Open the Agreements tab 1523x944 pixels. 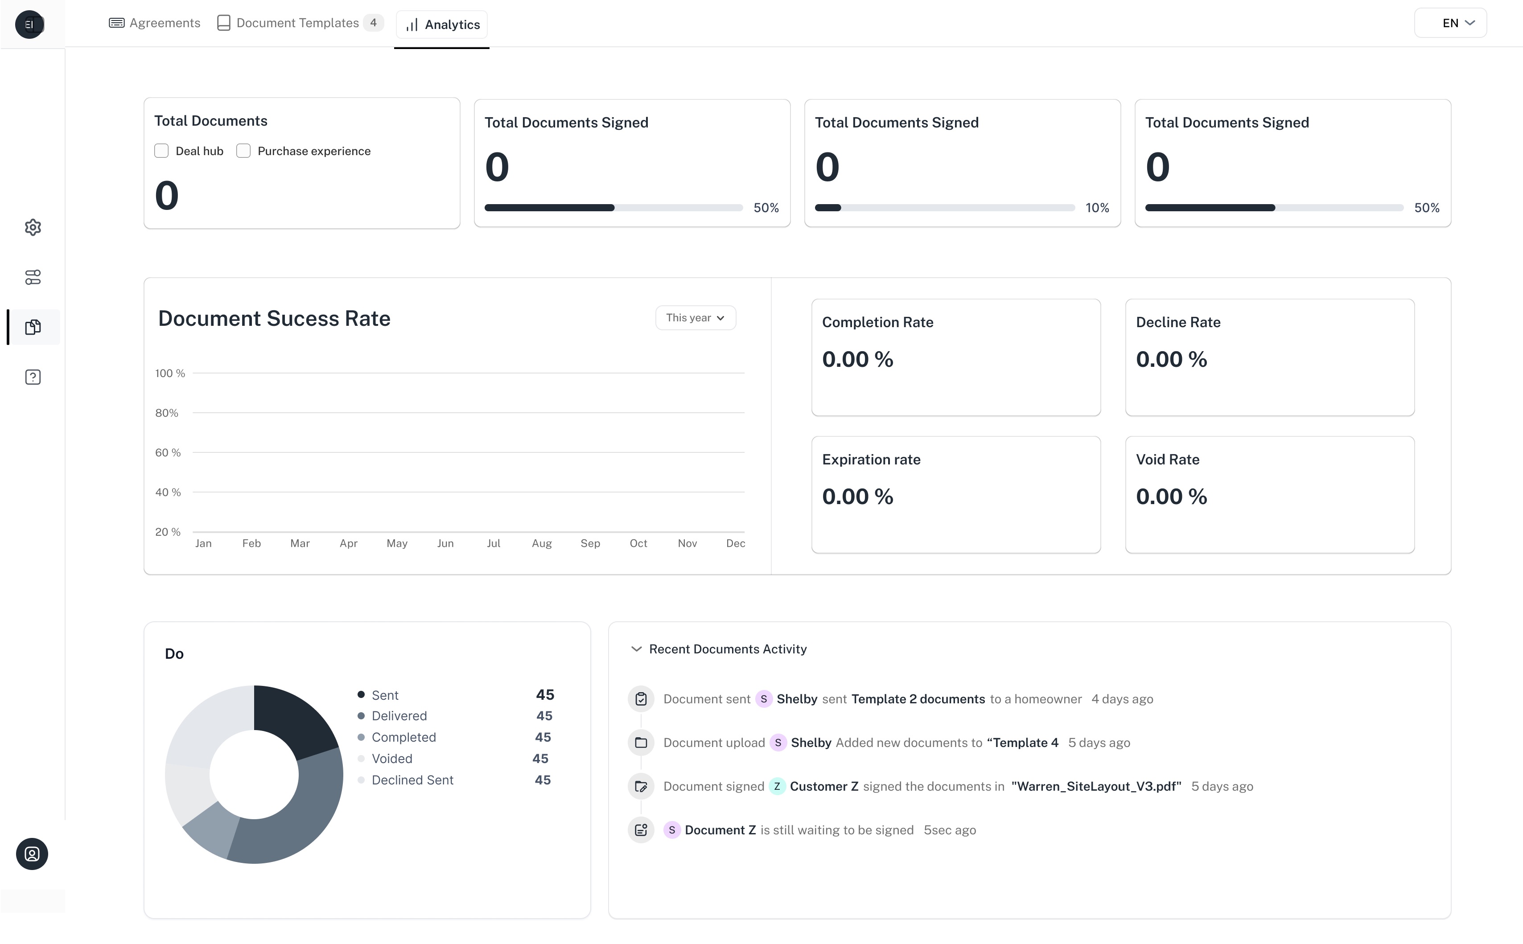coord(155,23)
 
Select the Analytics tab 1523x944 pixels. coord(442,25)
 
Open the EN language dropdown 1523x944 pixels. coord(1450,23)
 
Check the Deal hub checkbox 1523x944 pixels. coord(161,151)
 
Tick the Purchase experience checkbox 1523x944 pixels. coord(243,151)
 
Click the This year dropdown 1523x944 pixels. coord(696,318)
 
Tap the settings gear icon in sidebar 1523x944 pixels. coord(33,227)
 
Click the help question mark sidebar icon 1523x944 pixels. coord(33,377)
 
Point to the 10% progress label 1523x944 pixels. coord(1097,208)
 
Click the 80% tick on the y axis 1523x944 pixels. coord(167,413)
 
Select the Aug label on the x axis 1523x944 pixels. coord(541,543)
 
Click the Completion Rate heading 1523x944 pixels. coord(877,322)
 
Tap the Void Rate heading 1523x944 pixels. coord(1167,460)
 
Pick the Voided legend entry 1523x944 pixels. coord(391,759)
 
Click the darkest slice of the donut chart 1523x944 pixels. coord(293,718)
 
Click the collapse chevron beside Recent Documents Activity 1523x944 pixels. coord(636,649)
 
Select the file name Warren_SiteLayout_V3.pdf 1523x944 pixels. coord(1096,787)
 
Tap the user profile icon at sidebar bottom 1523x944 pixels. coord(32,854)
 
